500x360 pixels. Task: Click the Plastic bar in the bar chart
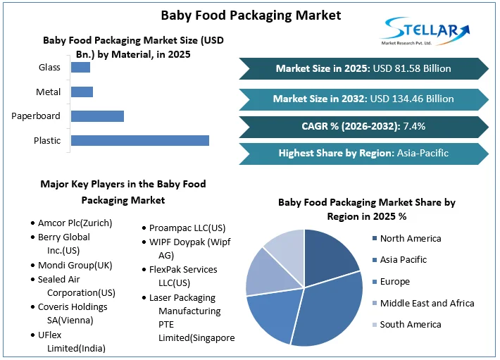(140, 140)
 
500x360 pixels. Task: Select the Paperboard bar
(97, 116)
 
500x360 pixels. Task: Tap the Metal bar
(82, 92)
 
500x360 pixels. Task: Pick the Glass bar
(80, 68)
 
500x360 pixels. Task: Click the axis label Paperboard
(36, 116)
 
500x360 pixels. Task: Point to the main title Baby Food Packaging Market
(250, 15)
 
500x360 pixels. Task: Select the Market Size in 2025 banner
(363, 68)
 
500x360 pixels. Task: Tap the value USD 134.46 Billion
(411, 99)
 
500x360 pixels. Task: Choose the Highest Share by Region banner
(363, 153)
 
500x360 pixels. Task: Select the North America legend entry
(410, 238)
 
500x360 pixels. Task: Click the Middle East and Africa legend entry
(426, 303)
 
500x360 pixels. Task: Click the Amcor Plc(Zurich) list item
(75, 223)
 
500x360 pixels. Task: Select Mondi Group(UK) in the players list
(75, 266)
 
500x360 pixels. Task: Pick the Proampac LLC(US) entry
(187, 228)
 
